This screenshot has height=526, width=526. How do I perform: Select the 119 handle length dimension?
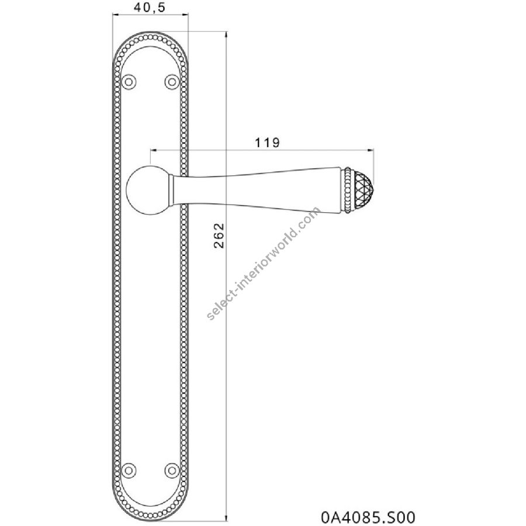[267, 143]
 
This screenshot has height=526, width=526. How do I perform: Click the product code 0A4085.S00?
[368, 517]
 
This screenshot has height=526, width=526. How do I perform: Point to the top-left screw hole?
[129, 82]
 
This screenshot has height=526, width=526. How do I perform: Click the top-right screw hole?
[172, 82]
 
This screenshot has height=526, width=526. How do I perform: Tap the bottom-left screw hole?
[129, 470]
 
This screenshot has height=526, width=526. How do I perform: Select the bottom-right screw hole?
[172, 470]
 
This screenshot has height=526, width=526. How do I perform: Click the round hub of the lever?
[148, 189]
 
